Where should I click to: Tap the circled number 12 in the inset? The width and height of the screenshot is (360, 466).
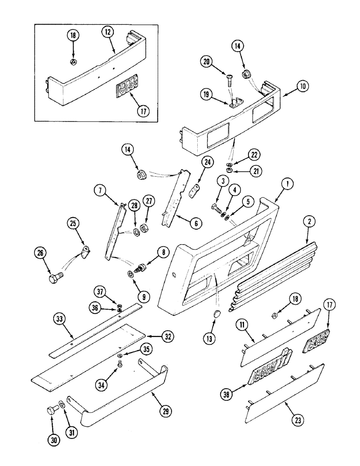[108, 33]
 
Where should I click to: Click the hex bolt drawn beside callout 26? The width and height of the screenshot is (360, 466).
[55, 278]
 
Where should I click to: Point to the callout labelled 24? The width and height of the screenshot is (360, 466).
[207, 163]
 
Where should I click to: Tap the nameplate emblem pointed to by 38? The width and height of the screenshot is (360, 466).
[271, 370]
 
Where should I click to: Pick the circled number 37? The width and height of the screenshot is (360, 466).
[98, 291]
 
